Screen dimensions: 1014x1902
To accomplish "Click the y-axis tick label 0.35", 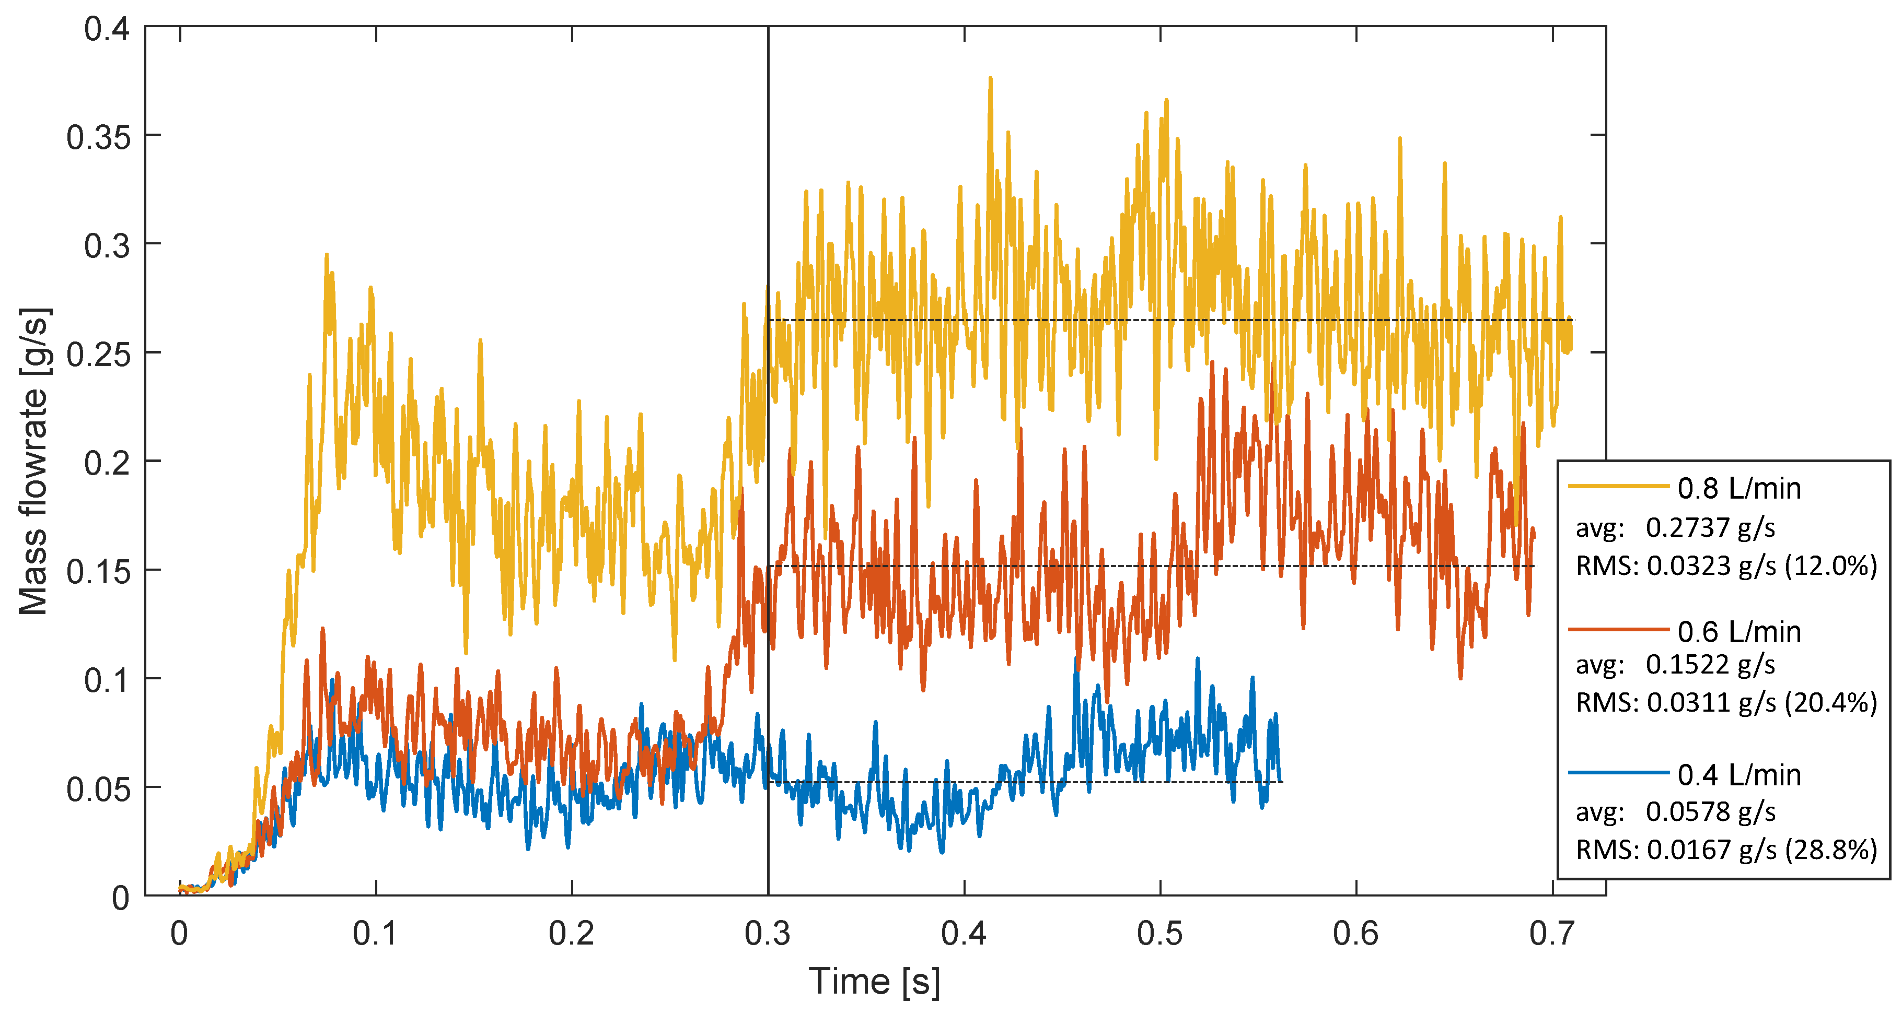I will point(98,137).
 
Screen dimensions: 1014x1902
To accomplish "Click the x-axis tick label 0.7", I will point(1551,934).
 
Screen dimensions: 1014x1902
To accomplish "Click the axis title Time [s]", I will point(874,982).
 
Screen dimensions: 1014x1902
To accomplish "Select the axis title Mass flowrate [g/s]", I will point(34,461).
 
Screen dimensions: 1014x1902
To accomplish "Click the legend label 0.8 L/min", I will point(1739,489).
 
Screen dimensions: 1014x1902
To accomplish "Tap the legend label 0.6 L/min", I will point(1739,632).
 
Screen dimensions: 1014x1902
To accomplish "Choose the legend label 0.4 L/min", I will point(1739,775).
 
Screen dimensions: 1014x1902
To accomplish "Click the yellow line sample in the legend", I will point(1618,486).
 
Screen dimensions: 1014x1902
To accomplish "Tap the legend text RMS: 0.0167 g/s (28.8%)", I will point(1726,850).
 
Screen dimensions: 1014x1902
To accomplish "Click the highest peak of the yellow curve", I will point(990,78).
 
